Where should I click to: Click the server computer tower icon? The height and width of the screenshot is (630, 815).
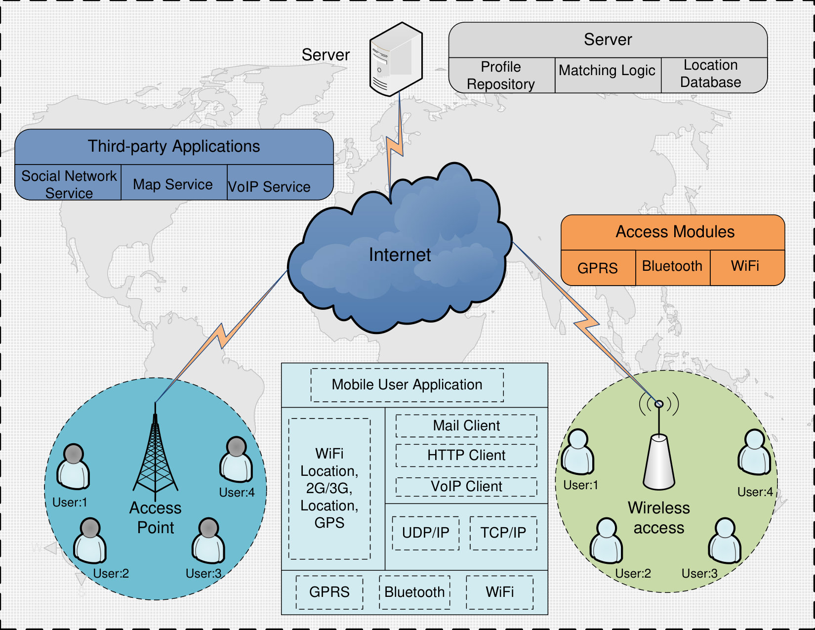click(x=396, y=59)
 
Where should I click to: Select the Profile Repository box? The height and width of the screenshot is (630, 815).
click(x=501, y=75)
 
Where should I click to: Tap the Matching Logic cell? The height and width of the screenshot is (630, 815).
click(x=608, y=75)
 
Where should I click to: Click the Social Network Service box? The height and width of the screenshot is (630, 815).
click(x=68, y=182)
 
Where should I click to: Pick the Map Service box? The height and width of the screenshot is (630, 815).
click(x=174, y=182)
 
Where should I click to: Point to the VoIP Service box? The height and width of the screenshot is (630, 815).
click(x=280, y=182)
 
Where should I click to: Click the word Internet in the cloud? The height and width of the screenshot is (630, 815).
click(x=400, y=255)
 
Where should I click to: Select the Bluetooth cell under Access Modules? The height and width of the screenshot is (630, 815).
click(x=673, y=267)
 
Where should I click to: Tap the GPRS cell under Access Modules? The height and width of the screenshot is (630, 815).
click(x=598, y=267)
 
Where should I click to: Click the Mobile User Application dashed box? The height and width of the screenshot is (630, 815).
click(x=407, y=385)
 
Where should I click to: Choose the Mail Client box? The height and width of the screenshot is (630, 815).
click(x=466, y=426)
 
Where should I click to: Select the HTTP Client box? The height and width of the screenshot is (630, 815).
click(x=466, y=456)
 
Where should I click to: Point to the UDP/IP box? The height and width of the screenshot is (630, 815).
click(x=426, y=533)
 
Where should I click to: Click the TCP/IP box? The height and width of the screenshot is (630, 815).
click(x=503, y=533)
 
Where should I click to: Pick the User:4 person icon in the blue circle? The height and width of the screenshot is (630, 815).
click(x=236, y=459)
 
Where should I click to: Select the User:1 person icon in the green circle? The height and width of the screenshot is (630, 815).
click(x=577, y=452)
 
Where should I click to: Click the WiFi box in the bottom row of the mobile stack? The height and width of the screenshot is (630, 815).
click(x=499, y=592)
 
